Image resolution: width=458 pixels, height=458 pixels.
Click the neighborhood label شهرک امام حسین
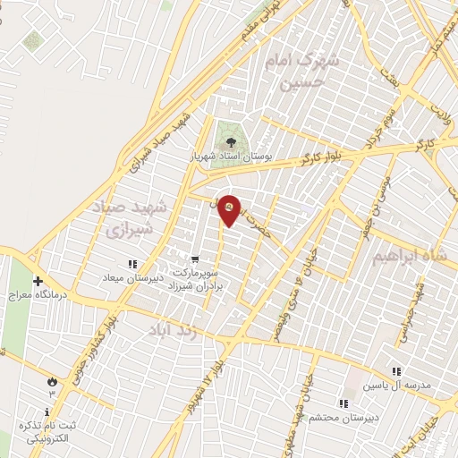pyautogui.click(x=301, y=72)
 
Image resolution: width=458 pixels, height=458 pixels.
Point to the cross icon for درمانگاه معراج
pyautogui.click(x=38, y=280)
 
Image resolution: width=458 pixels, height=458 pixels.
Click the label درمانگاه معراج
pyautogui.click(x=32, y=293)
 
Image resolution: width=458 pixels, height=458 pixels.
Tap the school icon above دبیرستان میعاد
pyautogui.click(x=132, y=264)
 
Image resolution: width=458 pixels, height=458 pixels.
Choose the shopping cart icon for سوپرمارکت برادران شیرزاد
pyautogui.click(x=194, y=259)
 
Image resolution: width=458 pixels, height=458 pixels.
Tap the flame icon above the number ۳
pyautogui.click(x=52, y=381)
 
